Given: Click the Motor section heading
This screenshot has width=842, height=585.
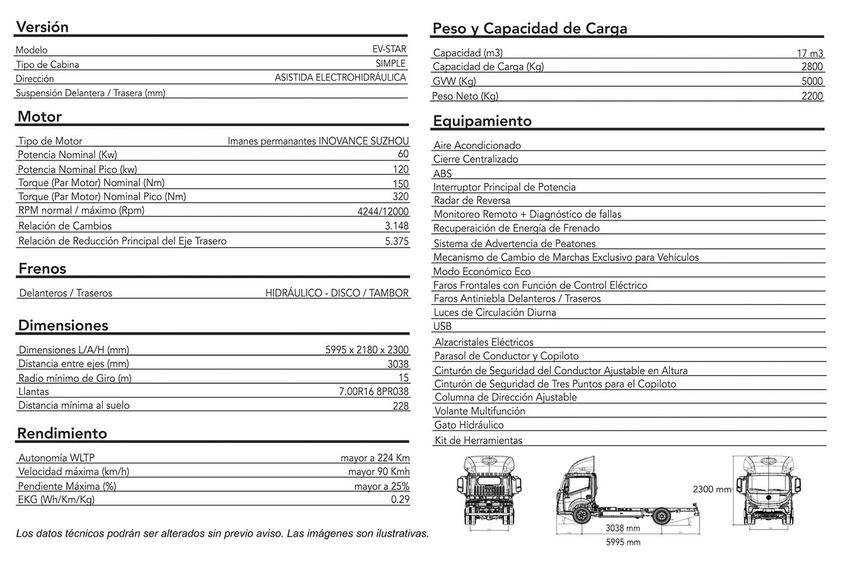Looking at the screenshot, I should point(40,117).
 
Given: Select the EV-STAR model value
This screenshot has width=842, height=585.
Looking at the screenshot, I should point(389,49).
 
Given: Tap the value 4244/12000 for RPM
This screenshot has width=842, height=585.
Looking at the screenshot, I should point(383,212).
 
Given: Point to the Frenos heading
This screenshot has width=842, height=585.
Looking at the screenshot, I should point(42,268).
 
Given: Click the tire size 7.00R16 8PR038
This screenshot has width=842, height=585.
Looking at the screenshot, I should point(373,392).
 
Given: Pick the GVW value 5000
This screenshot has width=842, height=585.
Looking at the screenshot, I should point(811,81).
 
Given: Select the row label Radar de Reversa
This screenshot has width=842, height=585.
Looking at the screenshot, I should point(472,201).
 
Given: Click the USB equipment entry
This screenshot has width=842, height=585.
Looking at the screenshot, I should point(442,326).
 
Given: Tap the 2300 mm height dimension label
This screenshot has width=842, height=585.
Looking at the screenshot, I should point(711,489).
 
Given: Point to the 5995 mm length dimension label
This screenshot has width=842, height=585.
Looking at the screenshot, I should point(623,542).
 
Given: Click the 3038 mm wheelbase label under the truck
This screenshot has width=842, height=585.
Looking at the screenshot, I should point(622,528).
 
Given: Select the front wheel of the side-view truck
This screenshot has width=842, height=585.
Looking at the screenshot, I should point(581,515).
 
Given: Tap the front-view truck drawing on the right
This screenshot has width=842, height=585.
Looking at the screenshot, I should point(766,492).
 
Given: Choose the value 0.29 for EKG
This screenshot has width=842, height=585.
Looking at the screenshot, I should point(400,500).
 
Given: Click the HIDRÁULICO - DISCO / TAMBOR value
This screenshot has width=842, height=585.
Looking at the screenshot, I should point(337,293).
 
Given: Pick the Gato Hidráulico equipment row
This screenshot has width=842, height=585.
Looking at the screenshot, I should point(469,425).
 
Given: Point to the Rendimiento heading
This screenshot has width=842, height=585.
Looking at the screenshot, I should point(62,433).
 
